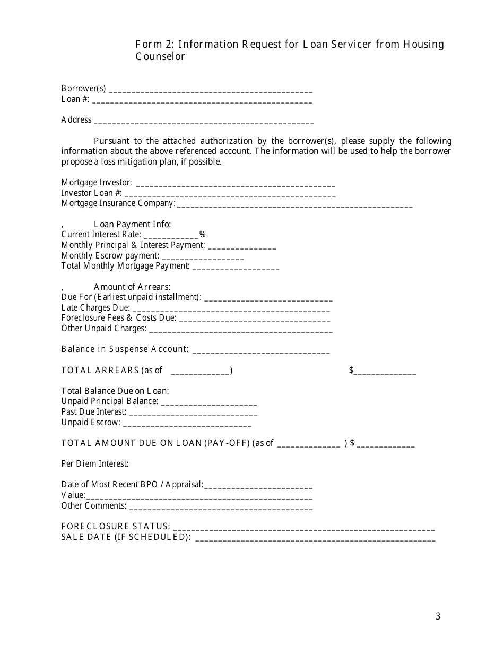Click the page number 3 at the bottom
438,616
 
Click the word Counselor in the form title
160,57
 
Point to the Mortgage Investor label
97,183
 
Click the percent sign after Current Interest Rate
202,235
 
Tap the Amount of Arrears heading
132,287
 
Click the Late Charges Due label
95,308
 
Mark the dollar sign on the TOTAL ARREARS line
351,370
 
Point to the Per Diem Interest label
95,464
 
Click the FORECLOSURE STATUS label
116,527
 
